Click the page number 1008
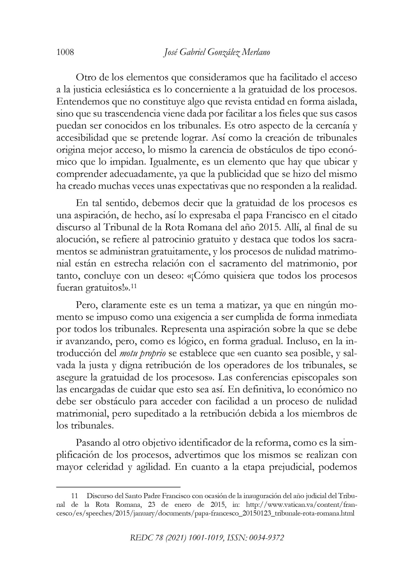pyautogui.click(x=65, y=52)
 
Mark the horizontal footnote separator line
pyautogui.click(x=118, y=487)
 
